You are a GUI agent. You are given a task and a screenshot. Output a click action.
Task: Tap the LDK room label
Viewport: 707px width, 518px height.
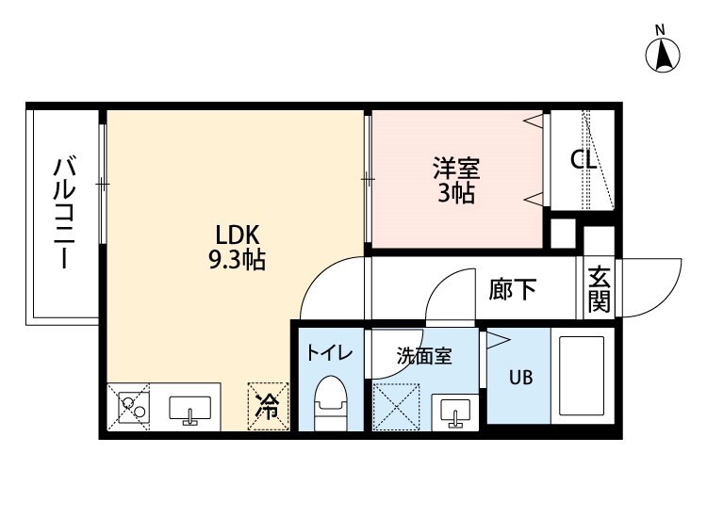coord(238,235)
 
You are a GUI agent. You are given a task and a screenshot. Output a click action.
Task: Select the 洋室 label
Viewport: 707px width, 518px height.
coord(457,170)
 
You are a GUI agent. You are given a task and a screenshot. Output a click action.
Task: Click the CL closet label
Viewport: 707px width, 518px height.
coord(584,160)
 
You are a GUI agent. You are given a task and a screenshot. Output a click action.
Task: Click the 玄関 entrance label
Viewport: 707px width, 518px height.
coord(600,289)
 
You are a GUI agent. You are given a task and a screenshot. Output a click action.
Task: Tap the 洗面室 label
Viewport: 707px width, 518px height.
coord(424,356)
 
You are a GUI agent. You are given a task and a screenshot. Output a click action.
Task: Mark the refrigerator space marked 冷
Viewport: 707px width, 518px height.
coord(269,407)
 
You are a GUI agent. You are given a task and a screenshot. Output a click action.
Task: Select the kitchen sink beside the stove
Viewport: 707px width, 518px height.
coord(189,410)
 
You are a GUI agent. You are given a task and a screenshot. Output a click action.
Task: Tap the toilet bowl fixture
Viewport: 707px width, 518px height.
coord(330,402)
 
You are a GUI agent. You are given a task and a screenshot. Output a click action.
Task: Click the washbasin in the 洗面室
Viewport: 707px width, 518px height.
coord(455,412)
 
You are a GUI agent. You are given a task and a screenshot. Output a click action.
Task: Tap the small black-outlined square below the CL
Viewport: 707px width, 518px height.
coord(563,231)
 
